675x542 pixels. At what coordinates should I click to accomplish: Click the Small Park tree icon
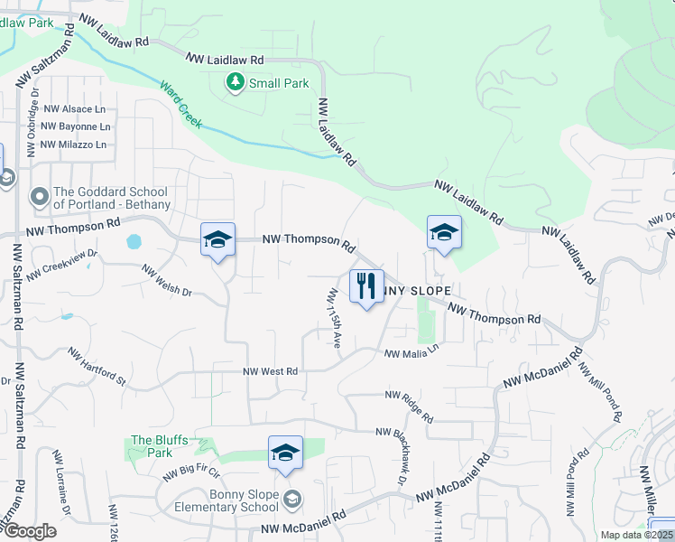[x=236, y=83]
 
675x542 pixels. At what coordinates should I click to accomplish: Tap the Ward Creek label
[x=180, y=105]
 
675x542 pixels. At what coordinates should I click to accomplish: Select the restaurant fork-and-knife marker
[x=366, y=286]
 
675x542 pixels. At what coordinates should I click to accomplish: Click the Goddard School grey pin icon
[x=39, y=197]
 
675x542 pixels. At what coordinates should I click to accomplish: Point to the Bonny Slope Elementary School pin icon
[x=292, y=499]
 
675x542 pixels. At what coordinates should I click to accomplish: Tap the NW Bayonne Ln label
[x=76, y=126]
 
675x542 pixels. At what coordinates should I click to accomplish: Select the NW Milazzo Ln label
[x=75, y=145]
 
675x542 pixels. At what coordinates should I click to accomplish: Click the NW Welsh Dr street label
[x=167, y=280]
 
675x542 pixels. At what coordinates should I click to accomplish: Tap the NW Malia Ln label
[x=411, y=354]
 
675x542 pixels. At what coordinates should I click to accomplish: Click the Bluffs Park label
[x=159, y=446]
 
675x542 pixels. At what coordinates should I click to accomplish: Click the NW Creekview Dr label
[x=61, y=267]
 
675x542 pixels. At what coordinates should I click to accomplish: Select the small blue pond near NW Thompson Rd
[x=134, y=242]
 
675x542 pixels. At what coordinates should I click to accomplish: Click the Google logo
[x=30, y=531]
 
